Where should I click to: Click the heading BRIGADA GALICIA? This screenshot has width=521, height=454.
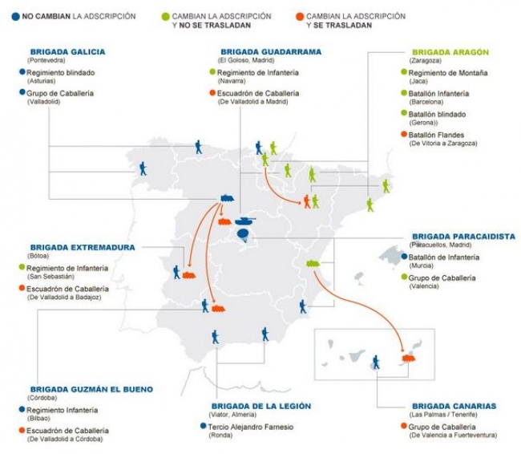point(67,51)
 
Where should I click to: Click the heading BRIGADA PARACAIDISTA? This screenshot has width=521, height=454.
point(462,236)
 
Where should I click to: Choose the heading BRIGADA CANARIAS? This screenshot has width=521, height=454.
point(454,406)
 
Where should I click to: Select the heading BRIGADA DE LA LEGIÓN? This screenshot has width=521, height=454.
point(260,406)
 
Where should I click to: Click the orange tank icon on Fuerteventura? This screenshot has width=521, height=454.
point(410,358)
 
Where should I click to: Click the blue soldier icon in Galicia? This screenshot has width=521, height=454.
point(143,168)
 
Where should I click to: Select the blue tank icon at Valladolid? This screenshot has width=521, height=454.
point(226,198)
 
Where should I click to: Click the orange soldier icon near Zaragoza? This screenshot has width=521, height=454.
point(306,201)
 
